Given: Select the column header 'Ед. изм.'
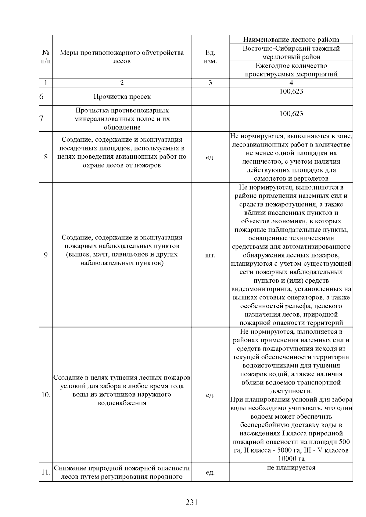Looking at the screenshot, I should point(210,57).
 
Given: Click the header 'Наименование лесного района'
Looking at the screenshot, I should point(291,40).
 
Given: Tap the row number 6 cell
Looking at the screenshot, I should point(41,97).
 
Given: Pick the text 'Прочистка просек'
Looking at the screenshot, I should point(122,97).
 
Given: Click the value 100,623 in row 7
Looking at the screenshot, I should point(291,114).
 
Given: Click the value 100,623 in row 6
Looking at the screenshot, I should point(291,91).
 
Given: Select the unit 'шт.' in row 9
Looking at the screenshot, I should point(210,255).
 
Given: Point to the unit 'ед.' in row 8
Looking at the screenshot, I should point(210,157).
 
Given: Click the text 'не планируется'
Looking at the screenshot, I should point(291,467).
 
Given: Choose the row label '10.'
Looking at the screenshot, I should point(46,395).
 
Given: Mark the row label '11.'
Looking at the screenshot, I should point(46,472).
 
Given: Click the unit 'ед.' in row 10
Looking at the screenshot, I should point(210,395).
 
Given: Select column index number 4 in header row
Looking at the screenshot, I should point(291,83).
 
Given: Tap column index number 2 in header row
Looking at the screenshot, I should point(122,83).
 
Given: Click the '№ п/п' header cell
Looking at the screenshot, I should point(46,57).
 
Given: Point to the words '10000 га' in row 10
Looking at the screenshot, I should point(291,459).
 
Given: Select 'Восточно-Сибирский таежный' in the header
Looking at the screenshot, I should point(291,48).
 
